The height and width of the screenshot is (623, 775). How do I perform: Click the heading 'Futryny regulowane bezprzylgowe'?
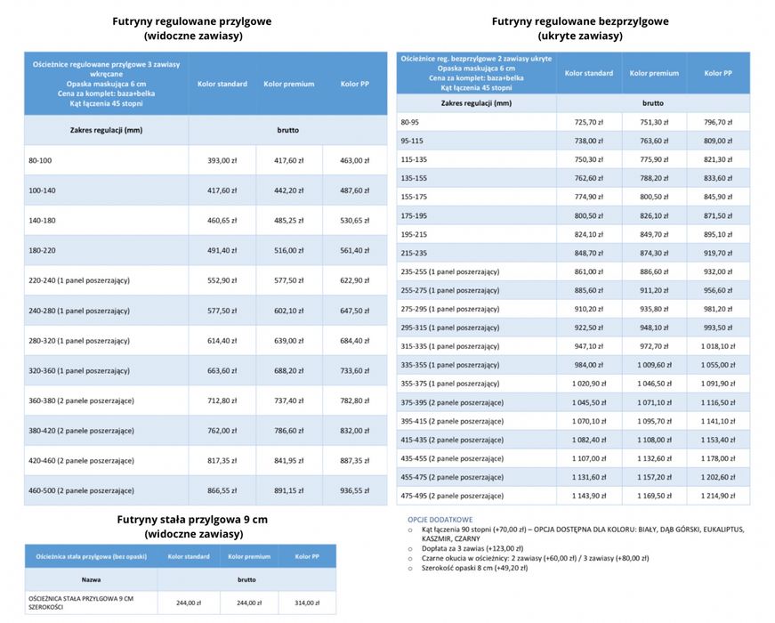pos(580,21)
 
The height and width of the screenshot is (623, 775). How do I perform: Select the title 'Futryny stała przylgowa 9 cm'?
pos(192,519)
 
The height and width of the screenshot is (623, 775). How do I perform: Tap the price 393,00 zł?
pos(222,160)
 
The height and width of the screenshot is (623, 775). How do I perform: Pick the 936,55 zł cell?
pos(353,490)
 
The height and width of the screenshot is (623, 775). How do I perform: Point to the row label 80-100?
pos(41,160)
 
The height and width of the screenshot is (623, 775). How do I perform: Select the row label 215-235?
pos(414,253)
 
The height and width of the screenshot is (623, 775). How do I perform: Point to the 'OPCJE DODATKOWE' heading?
pos(440,519)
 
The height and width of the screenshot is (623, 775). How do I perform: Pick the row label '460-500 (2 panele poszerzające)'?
pos(81,490)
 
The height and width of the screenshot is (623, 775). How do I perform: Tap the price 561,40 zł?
pos(353,250)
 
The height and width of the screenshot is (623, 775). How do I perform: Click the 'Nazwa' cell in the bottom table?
pos(91,579)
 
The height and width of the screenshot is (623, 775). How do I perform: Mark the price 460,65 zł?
pos(222,220)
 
